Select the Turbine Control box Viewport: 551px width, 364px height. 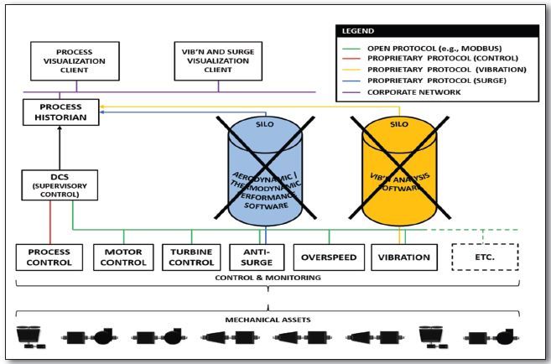click(193, 257)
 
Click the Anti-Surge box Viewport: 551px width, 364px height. click(256, 257)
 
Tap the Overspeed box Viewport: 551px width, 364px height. click(328, 257)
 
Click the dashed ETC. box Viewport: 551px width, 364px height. click(485, 257)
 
